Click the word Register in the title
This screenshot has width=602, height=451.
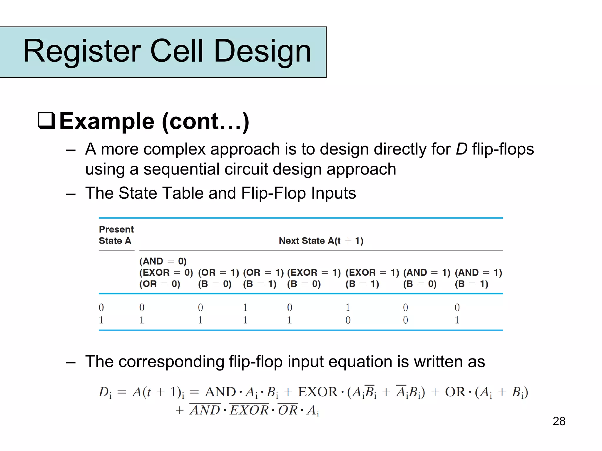coord(82,51)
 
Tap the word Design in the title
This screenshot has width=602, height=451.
coord(262,51)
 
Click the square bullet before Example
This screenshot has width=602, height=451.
coord(46,121)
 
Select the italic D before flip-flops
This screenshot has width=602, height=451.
coord(461,149)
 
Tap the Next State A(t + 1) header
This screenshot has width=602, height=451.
coord(321,241)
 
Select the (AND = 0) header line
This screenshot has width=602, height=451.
coord(163,261)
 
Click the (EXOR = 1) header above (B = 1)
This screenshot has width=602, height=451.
coord(372,273)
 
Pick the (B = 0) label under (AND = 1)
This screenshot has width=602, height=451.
coord(420,284)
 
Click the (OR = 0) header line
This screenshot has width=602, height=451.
coord(160,284)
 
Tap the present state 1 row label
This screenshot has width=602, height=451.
coord(101,320)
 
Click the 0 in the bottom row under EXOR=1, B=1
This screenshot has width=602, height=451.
coord(348,320)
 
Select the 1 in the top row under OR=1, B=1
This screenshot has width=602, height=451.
coord(245,308)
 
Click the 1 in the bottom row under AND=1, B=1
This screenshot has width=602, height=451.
coord(457,320)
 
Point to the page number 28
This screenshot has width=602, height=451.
coord(559,421)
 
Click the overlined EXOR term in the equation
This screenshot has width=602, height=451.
coord(249,410)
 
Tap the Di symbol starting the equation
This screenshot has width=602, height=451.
coord(105,392)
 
